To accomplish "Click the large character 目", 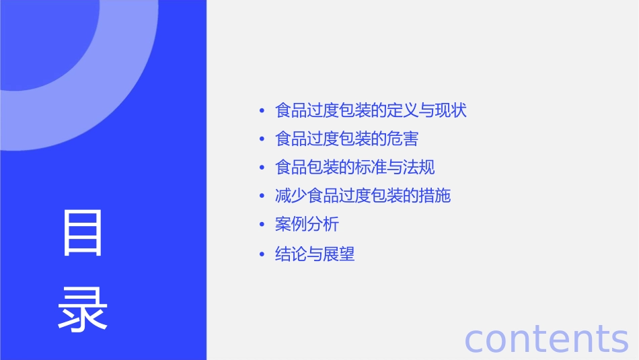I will (83, 233).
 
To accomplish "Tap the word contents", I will (546, 338).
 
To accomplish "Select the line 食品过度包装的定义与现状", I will (371, 110).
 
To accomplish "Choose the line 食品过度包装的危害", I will (346, 139).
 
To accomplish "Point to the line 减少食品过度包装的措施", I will (363, 196).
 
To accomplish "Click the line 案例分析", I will (307, 225).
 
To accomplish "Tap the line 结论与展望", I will (315, 254).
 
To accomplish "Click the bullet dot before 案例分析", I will (262, 225).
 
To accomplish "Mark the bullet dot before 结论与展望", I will (262, 254).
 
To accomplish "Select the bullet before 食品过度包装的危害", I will (262, 139).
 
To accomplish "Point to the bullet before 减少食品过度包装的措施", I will (262, 196).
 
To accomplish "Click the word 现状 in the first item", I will (451, 110).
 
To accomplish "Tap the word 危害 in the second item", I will (403, 139).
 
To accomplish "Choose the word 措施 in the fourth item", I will (435, 196).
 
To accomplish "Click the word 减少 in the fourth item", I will (291, 196).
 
